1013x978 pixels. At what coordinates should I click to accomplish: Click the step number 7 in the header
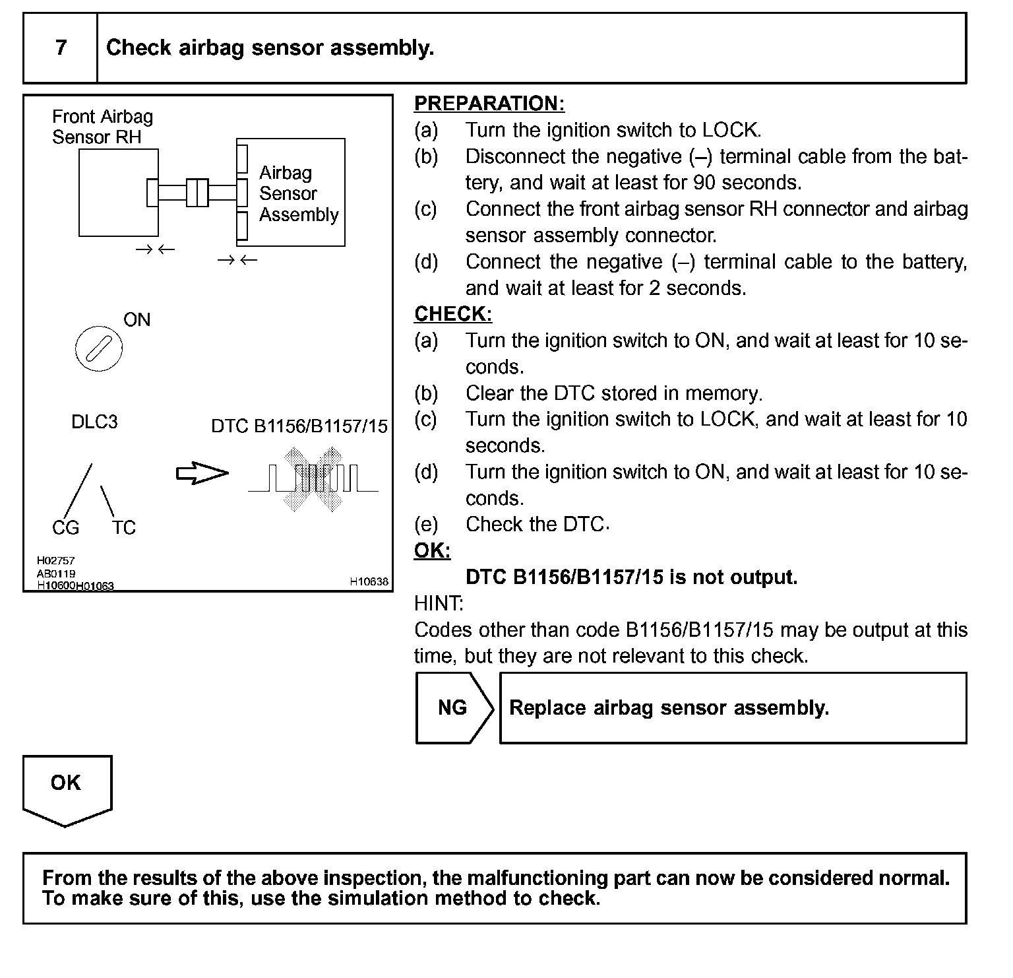point(61,48)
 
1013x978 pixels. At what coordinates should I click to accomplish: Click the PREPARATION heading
point(489,104)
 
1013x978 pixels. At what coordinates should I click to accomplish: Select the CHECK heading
point(452,314)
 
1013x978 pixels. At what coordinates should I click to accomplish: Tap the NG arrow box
point(454,708)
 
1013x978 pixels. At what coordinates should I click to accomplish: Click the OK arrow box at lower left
point(67,787)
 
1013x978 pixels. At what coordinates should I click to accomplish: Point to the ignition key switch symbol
point(99,348)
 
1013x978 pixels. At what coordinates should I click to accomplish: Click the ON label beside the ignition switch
point(137,320)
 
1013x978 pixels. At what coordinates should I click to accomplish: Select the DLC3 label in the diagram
point(94,422)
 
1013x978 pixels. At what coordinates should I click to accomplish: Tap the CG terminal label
point(65,528)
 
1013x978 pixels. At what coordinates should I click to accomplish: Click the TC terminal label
point(123,528)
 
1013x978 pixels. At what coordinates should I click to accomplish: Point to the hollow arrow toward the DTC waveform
point(202,473)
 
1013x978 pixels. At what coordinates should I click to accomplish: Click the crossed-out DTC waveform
point(313,479)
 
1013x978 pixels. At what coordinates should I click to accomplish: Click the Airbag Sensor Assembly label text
point(298,193)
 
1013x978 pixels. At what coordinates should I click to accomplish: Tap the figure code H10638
point(369,582)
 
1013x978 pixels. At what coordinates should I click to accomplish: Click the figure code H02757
point(55,561)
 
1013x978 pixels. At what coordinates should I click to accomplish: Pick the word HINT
point(439,603)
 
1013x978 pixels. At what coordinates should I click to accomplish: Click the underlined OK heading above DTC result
point(432,550)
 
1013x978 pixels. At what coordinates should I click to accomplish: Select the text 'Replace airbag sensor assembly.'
point(669,708)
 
